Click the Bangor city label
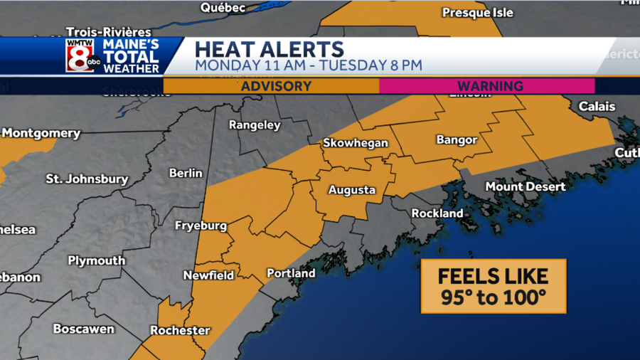point(457,140)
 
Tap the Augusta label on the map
point(351,190)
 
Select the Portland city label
point(291,273)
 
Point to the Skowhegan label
point(356,143)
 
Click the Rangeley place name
point(254,125)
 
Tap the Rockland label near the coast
point(437,213)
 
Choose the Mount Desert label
point(526,186)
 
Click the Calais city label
point(597,106)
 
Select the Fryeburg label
point(201,226)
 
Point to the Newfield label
point(208,275)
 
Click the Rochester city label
point(180,330)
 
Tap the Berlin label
point(186,173)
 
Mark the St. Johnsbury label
point(87,179)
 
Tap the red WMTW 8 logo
point(81,55)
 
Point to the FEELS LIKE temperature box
point(493,286)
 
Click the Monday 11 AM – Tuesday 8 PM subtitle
point(308,65)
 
